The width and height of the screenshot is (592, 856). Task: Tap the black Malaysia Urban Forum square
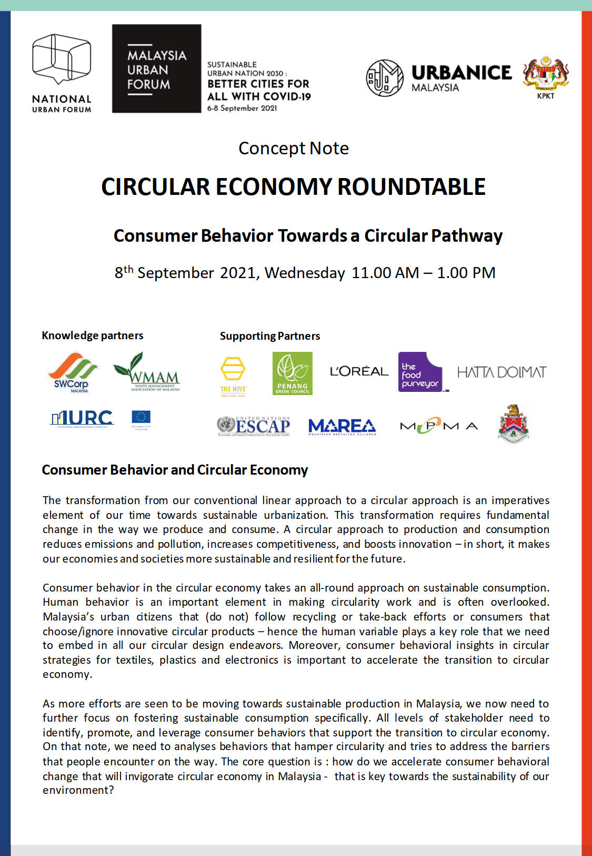click(156, 68)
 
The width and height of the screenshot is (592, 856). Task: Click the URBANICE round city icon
click(385, 78)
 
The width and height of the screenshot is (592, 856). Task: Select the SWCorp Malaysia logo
click(73, 372)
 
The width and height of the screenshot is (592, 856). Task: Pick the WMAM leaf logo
click(147, 372)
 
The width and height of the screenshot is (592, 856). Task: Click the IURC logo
click(82, 419)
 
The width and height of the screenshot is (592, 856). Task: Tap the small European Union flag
click(141, 418)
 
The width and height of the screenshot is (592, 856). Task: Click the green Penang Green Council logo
click(292, 373)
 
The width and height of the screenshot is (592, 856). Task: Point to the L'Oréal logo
click(359, 371)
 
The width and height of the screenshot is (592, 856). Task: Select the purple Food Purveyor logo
click(420, 372)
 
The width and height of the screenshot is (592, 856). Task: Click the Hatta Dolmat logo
click(501, 372)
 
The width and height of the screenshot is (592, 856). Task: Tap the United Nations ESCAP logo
click(254, 426)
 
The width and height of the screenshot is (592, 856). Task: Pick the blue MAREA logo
click(342, 426)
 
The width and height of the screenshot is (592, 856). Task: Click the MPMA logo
click(439, 426)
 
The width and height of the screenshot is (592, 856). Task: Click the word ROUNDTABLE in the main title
click(411, 187)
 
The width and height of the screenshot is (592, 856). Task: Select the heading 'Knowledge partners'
click(93, 336)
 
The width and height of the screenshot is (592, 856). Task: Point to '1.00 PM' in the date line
click(466, 273)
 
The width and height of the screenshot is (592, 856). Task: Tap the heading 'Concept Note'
click(294, 149)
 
